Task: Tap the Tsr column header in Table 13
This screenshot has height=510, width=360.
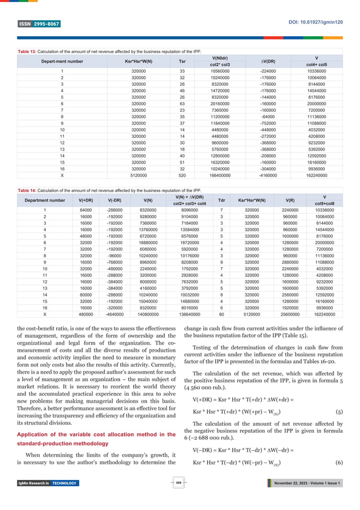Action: pos(182,61)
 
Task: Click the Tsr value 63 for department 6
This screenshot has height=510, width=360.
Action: pos(182,103)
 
